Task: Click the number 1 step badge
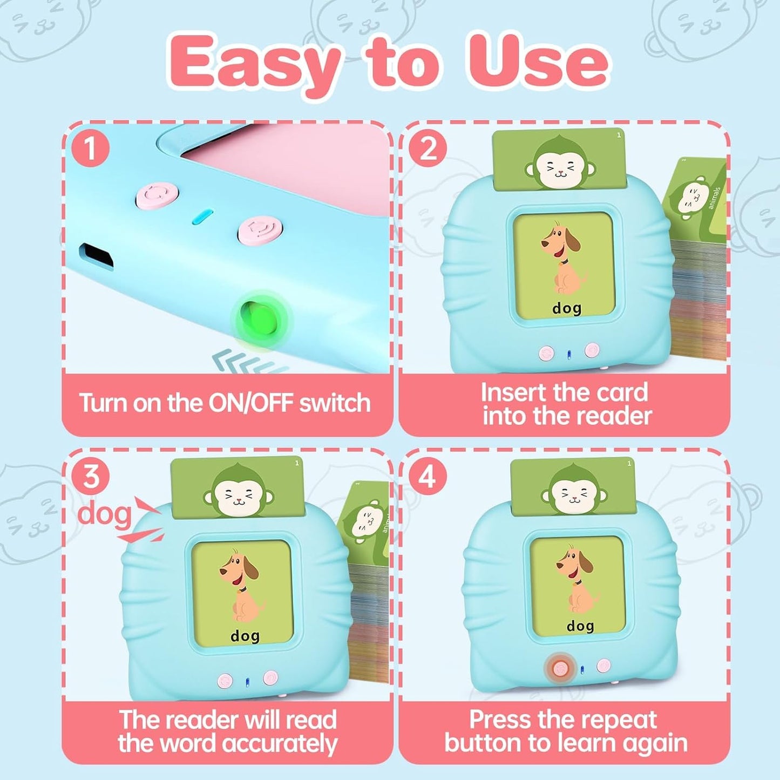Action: coord(90,149)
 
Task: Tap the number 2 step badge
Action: coord(428,149)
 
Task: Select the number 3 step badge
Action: coord(91,477)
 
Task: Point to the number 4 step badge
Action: coord(428,477)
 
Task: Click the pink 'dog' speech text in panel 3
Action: coord(104,514)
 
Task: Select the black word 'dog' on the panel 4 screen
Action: coord(580,626)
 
